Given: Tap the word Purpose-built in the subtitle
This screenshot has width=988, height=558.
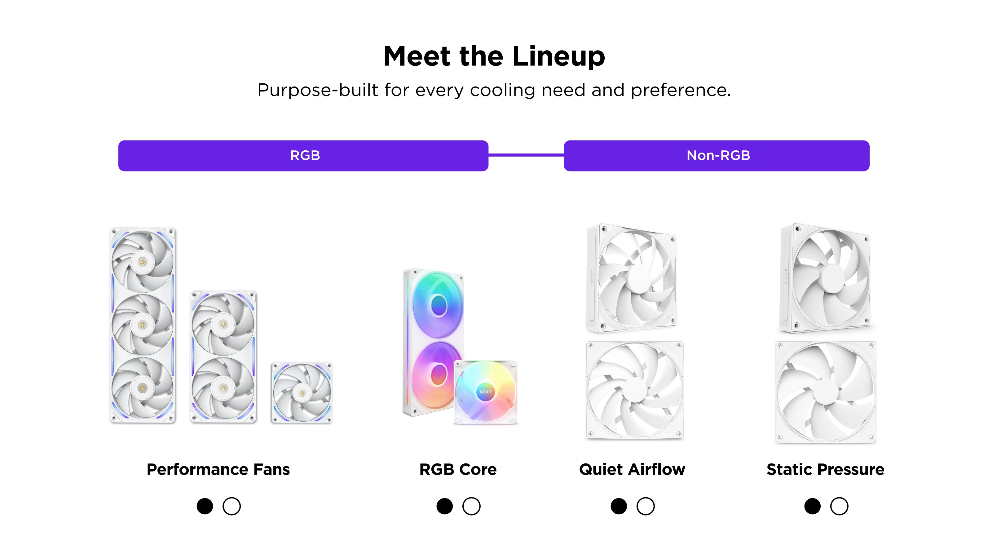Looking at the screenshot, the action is point(318,91).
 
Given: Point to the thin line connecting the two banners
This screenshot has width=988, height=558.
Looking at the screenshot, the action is point(526,155).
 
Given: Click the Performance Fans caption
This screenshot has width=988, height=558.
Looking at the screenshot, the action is point(218,469).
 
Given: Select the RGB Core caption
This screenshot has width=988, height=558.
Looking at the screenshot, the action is point(458,469).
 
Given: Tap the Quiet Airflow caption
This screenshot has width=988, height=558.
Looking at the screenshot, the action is point(632,469).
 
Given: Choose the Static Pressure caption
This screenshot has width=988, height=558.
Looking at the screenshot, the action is point(825,469).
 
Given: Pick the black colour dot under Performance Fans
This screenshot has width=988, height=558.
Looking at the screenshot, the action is point(205,506).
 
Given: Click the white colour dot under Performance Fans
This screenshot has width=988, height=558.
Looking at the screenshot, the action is point(232,506).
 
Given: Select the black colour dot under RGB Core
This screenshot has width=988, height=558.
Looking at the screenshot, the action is point(444,506).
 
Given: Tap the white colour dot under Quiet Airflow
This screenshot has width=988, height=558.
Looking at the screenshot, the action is point(646,506).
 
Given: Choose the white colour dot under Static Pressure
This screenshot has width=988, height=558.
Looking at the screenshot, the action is point(839,506).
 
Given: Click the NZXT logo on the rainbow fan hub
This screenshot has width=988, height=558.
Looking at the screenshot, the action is point(485,392).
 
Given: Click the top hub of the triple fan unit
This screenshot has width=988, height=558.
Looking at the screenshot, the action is point(143,262).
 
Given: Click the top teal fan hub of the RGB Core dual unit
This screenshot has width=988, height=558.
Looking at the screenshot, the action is point(439,305).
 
